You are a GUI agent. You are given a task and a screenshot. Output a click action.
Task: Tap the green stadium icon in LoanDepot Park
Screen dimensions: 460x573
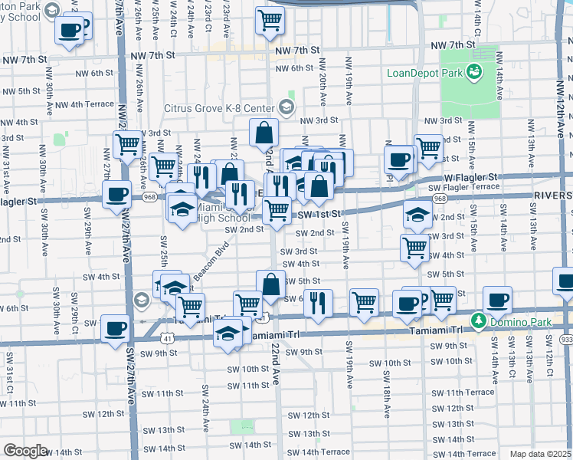[x=474, y=72]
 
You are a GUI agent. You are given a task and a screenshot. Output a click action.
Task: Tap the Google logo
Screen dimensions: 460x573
[x=25, y=452]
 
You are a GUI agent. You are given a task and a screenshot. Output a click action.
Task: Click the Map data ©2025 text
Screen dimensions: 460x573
[x=540, y=454]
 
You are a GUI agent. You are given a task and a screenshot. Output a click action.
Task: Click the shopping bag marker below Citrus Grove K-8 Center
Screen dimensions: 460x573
[x=264, y=132]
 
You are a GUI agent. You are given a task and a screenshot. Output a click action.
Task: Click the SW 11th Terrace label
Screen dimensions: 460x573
[x=470, y=392]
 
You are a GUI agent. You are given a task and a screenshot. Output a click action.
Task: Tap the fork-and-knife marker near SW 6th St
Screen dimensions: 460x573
[x=318, y=303]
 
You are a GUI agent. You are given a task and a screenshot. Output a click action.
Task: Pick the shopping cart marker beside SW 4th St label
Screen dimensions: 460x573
[x=414, y=248]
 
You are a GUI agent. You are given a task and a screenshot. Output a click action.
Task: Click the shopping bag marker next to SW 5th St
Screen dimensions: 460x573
[x=270, y=284]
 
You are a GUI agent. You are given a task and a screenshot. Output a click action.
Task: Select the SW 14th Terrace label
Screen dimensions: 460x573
[x=325, y=452]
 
